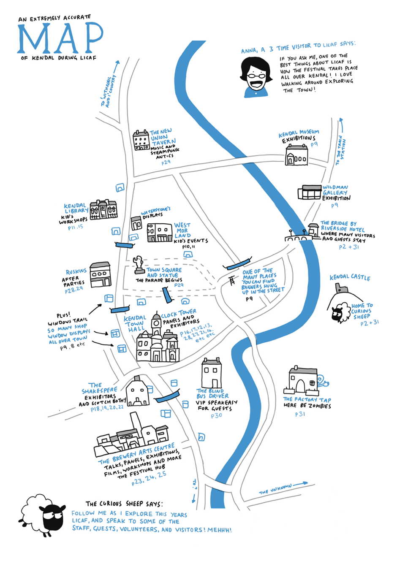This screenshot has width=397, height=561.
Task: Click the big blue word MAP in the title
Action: (x=60, y=38)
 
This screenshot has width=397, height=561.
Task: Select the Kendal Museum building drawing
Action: (x=296, y=155)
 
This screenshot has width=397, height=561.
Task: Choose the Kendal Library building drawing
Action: (x=103, y=209)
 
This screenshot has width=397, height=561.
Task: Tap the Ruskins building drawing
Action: (x=100, y=275)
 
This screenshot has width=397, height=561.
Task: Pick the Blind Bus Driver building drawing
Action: (x=212, y=373)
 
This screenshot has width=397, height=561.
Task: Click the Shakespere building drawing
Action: (x=137, y=392)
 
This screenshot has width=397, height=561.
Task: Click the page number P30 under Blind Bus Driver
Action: (x=216, y=416)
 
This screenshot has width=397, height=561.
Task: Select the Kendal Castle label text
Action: (x=350, y=277)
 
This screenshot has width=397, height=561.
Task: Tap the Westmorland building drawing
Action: (x=159, y=233)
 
